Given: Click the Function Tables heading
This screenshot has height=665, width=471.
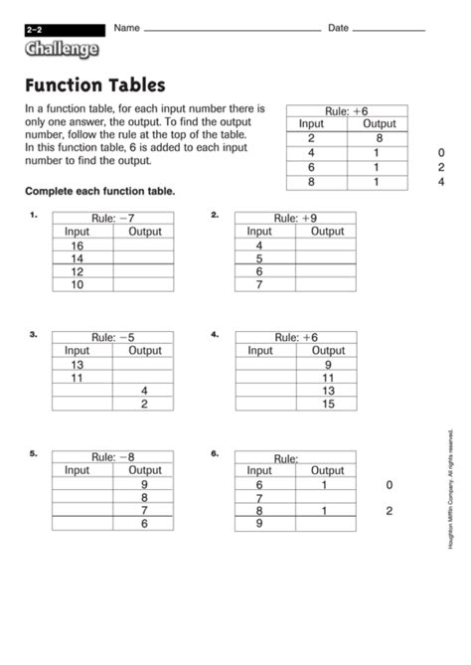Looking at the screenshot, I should tap(95, 85).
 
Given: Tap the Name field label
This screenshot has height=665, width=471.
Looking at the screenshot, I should tap(126, 28).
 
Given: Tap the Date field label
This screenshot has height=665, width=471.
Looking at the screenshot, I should tap(338, 28).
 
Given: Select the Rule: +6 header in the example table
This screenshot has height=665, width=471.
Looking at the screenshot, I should tap(346, 111).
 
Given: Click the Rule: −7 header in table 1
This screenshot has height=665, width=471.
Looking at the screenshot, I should tap(112, 218).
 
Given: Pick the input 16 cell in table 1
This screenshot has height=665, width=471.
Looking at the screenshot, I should tap(77, 245).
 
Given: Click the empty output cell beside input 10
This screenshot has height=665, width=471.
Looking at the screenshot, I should tap(144, 284).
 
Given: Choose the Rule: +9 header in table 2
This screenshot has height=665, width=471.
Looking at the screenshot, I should tap(295, 218).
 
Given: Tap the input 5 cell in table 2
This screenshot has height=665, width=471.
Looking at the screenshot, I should tap(259, 258).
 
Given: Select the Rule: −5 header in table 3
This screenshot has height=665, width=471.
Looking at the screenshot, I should tap(112, 337).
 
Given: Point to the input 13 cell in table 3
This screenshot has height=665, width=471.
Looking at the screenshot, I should tap(77, 364).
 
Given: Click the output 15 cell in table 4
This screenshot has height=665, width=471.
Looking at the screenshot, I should tap(328, 404).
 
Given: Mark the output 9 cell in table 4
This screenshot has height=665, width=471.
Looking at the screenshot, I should tap(328, 364).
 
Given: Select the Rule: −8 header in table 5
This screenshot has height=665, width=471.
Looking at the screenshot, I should tap(112, 457).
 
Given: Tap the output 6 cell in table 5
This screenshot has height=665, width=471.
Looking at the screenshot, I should tap(144, 523).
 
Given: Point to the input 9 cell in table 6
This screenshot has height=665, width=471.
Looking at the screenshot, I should tap(259, 524).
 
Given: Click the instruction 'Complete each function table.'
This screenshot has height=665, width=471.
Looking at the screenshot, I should tap(99, 190).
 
